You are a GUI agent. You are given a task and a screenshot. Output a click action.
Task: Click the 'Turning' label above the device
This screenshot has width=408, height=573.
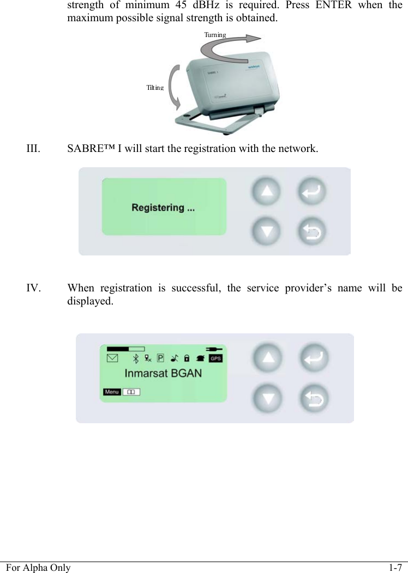pyautogui.click(x=215, y=35)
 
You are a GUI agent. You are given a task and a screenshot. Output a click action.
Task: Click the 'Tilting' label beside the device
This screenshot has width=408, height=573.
pyautogui.click(x=155, y=87)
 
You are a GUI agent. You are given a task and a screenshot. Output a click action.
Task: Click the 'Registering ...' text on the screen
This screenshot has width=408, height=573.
pyautogui.click(x=163, y=208)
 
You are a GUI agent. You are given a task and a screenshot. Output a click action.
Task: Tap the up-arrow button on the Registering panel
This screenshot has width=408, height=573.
pyautogui.click(x=266, y=192)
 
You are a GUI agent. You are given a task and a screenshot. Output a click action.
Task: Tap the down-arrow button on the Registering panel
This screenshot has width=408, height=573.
pyautogui.click(x=266, y=231)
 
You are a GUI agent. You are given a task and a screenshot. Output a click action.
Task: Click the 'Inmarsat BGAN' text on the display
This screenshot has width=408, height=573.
pyautogui.click(x=163, y=374)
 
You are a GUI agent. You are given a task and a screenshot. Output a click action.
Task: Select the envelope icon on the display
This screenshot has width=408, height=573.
pyautogui.click(x=112, y=358)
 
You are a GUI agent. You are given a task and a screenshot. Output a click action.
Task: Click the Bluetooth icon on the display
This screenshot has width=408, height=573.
pyautogui.click(x=136, y=358)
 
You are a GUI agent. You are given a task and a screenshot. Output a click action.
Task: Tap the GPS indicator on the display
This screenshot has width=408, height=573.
pyautogui.click(x=216, y=358)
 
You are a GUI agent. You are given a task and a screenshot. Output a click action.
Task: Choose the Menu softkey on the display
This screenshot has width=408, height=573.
pyautogui.click(x=112, y=392)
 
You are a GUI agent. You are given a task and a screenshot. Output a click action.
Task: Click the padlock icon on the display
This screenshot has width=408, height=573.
pyautogui.click(x=187, y=358)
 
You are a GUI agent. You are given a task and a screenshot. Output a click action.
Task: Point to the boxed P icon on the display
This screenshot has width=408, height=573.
pyautogui.click(x=160, y=358)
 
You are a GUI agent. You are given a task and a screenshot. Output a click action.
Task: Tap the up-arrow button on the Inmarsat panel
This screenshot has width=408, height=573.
pyautogui.click(x=267, y=358)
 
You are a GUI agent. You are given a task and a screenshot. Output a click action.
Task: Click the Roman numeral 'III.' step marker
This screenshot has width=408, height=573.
pyautogui.click(x=33, y=148)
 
